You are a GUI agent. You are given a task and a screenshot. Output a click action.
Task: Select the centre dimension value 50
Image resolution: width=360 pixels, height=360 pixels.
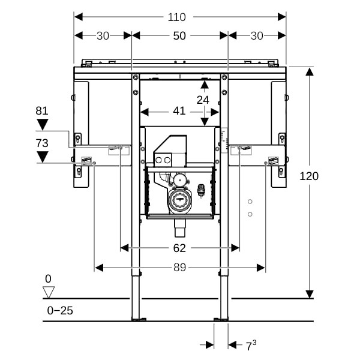[179, 36]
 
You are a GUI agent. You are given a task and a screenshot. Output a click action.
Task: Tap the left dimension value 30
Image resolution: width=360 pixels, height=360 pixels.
[103, 36]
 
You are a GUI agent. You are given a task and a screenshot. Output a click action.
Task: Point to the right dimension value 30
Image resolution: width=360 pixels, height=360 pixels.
[257, 36]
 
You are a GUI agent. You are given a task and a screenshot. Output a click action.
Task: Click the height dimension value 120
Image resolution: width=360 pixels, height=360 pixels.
[310, 176]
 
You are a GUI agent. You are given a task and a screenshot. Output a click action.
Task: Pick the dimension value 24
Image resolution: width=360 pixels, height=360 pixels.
[203, 100]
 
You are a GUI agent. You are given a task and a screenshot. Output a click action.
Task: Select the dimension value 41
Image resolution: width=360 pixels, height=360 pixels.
[179, 111]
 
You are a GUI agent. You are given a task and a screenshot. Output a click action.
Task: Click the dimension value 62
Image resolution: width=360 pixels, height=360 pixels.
[179, 248]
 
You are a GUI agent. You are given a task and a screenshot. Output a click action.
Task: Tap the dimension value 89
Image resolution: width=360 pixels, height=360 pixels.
[179, 268]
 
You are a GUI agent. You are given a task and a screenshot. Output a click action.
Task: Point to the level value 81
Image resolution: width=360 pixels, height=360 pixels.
[41, 110]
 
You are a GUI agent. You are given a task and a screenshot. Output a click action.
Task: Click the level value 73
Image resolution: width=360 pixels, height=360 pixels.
[41, 143]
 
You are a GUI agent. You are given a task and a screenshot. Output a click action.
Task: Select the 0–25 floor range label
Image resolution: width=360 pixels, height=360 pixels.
[60, 310]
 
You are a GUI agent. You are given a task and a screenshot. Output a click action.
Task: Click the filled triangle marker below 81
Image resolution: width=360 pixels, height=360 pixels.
[42, 125]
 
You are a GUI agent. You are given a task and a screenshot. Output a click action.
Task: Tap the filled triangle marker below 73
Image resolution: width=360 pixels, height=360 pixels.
[42, 157]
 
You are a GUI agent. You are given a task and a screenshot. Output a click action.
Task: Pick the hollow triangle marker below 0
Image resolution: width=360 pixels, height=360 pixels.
[49, 292]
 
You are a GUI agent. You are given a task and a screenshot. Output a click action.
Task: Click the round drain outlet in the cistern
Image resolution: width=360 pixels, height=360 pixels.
[179, 200]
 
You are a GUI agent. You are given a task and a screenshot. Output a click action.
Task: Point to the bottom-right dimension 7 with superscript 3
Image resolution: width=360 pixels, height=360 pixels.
[251, 345]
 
